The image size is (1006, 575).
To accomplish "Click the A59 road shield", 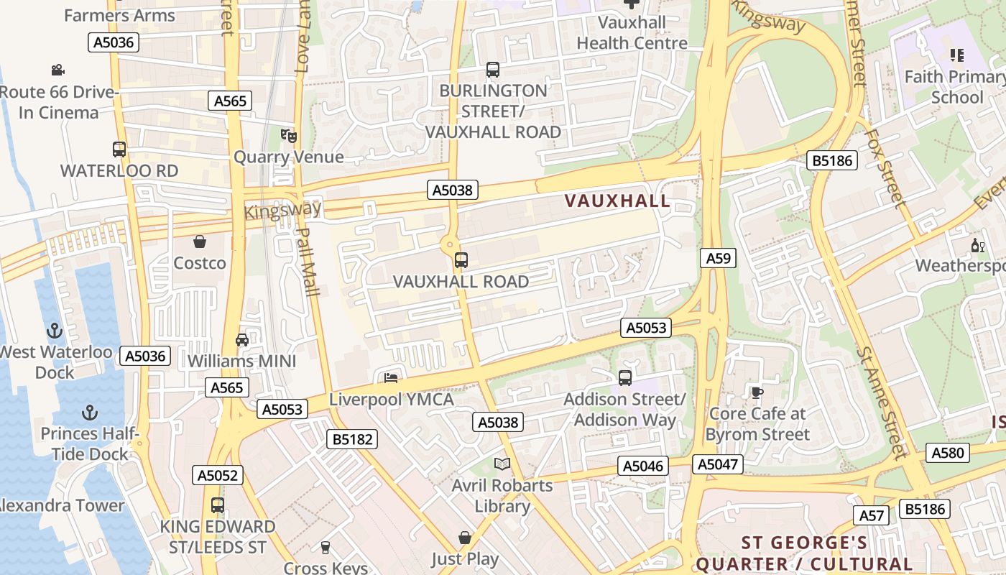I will tap(718, 258).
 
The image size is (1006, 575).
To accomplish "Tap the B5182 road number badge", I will tap(352, 439).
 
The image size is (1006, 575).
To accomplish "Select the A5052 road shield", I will tap(218, 475).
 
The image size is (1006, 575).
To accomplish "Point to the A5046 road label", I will tap(643, 466).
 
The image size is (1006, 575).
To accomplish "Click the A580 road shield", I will tap(948, 453).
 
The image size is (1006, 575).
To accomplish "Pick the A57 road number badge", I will tap(872, 515).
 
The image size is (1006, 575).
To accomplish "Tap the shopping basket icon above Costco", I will tap(200, 241).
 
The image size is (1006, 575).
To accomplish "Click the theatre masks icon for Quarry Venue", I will tap(289, 135).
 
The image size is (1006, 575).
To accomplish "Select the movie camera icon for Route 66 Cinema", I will tap(58, 70).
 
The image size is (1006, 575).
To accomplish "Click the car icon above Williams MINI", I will tap(242, 339).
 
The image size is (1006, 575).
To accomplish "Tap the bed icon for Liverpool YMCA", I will tap(391, 377).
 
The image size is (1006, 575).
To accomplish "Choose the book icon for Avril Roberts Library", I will tap(502, 464).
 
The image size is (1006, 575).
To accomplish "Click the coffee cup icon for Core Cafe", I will tap(757, 392).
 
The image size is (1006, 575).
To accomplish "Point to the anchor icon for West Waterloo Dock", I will tap(54, 331).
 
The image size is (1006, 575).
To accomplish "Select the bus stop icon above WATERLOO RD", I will tap(119, 149).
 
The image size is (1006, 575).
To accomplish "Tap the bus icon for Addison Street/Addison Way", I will tap(625, 377).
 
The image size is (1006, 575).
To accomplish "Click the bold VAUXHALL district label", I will tap(617, 201).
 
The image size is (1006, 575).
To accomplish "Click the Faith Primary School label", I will tap(955, 86).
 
